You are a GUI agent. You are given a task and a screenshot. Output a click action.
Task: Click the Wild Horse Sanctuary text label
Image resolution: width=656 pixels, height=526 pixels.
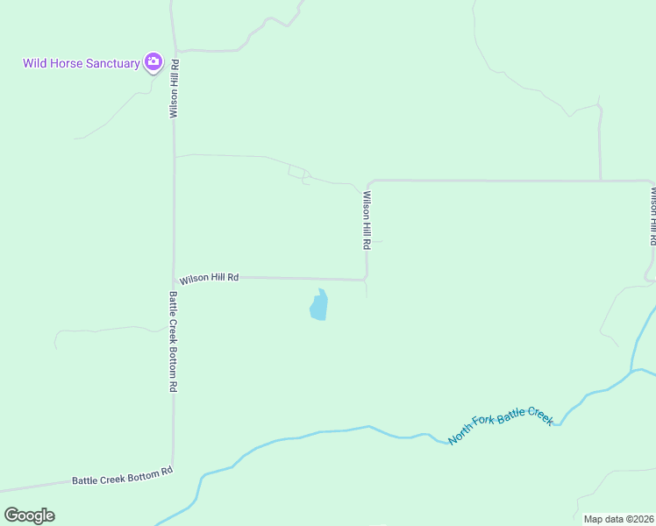click(81, 63)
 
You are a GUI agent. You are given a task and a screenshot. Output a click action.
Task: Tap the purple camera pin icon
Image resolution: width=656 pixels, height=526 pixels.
click(153, 61)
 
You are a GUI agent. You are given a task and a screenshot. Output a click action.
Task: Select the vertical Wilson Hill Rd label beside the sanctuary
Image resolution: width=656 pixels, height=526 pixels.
click(175, 89)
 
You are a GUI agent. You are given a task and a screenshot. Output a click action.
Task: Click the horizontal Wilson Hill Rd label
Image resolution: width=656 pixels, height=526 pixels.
click(210, 278)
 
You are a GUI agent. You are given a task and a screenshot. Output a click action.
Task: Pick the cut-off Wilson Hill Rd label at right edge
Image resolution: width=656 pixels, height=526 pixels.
click(652, 215)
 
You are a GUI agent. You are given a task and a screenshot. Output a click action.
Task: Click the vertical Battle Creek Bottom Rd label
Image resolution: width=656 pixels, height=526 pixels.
click(174, 342)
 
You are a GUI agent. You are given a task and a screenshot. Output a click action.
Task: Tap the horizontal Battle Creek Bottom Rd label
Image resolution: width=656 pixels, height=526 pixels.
click(122, 477)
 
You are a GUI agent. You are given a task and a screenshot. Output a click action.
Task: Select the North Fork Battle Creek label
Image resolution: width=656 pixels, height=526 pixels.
click(501, 428)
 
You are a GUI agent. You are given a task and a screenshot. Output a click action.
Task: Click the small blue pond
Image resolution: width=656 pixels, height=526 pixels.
click(318, 306)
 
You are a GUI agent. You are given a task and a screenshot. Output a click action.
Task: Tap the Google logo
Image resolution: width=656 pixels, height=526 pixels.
click(29, 515)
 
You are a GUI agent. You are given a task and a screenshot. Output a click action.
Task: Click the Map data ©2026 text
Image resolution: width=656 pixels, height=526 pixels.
click(618, 519)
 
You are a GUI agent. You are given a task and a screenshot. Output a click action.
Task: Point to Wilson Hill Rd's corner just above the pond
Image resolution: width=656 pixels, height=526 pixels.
click(366, 280)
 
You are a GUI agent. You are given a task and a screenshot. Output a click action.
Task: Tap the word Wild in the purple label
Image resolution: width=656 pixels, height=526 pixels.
click(34, 63)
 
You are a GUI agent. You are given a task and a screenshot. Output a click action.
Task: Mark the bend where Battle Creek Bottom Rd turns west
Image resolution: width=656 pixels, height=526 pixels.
click(173, 466)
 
